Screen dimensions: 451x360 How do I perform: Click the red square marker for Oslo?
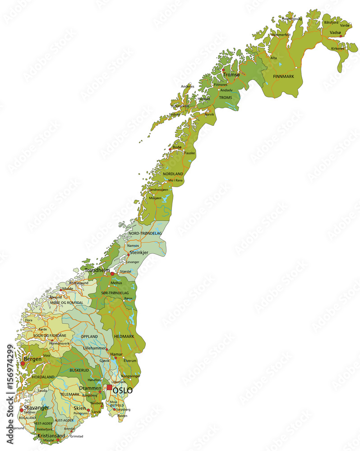coord(109,387)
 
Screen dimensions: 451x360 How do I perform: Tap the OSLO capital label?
coord(123,390)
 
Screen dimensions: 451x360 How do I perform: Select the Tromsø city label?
coord(231,74)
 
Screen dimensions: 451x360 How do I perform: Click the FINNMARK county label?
coord(283,77)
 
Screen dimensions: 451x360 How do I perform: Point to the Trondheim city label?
coord(97,271)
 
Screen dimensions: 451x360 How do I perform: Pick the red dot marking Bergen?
coord(23,363)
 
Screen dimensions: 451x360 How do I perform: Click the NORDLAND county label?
coord(173,174)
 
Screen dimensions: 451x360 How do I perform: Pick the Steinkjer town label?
coord(139,253)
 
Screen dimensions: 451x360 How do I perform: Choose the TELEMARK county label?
coord(69,394)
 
